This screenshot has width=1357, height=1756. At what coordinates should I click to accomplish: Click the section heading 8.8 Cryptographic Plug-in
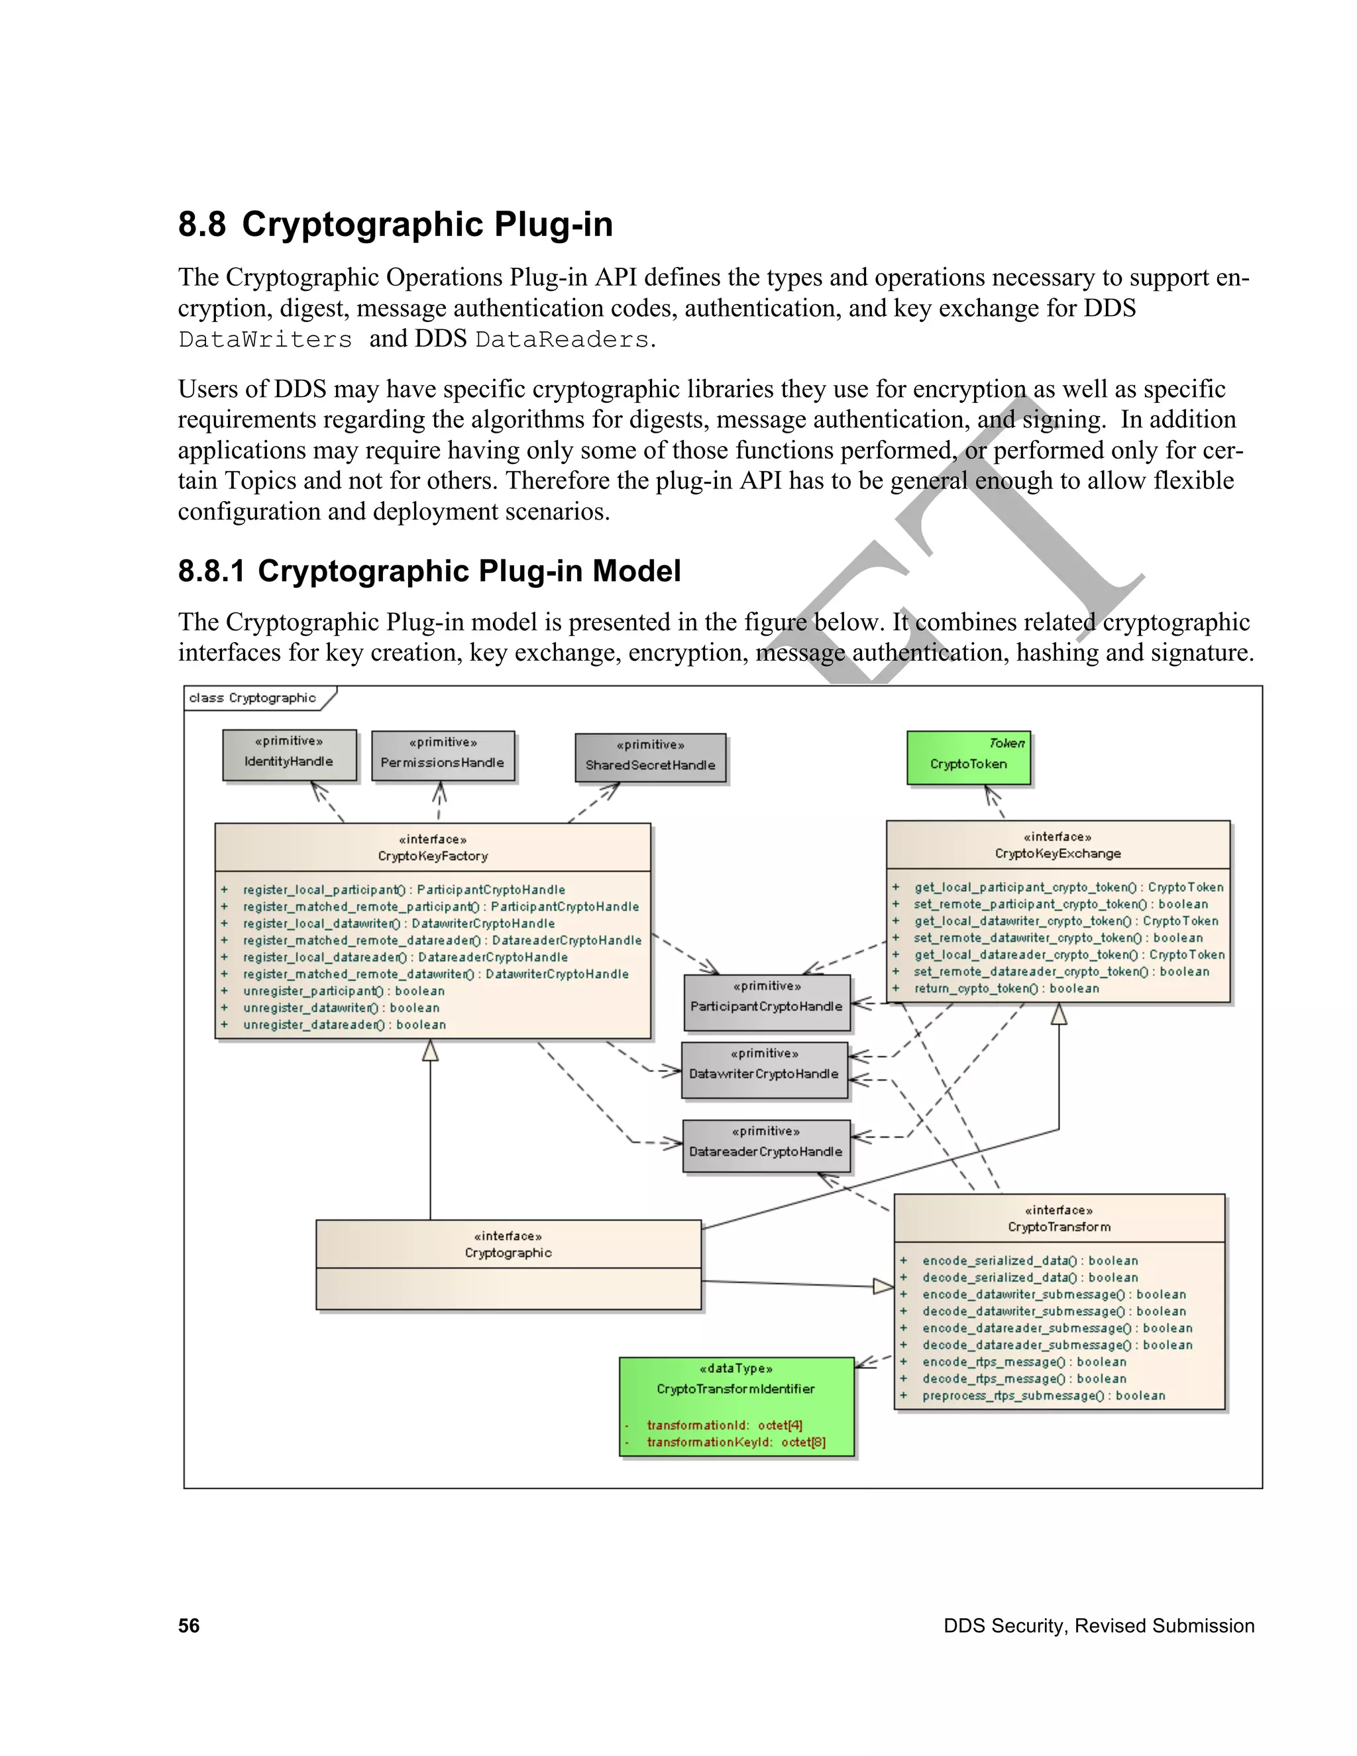click(x=395, y=225)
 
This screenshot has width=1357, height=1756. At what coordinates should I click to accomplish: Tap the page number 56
click(x=189, y=1625)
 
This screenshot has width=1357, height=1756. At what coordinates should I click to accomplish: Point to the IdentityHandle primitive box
click(x=289, y=755)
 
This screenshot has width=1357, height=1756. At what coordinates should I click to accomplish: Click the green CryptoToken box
click(x=968, y=758)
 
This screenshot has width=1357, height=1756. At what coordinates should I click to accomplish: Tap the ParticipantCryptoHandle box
click(x=766, y=1003)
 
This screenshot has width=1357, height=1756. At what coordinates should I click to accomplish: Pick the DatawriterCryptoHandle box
click(x=764, y=1070)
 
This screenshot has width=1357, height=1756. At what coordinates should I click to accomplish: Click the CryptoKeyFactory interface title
click(x=433, y=856)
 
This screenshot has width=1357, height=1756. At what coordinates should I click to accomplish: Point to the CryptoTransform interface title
click(x=1059, y=1227)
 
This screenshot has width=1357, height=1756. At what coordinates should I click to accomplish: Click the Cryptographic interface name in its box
click(x=508, y=1252)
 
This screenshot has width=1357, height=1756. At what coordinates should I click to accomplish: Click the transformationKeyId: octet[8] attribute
click(x=735, y=1443)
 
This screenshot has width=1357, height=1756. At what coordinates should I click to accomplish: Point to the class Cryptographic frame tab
click(x=252, y=698)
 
